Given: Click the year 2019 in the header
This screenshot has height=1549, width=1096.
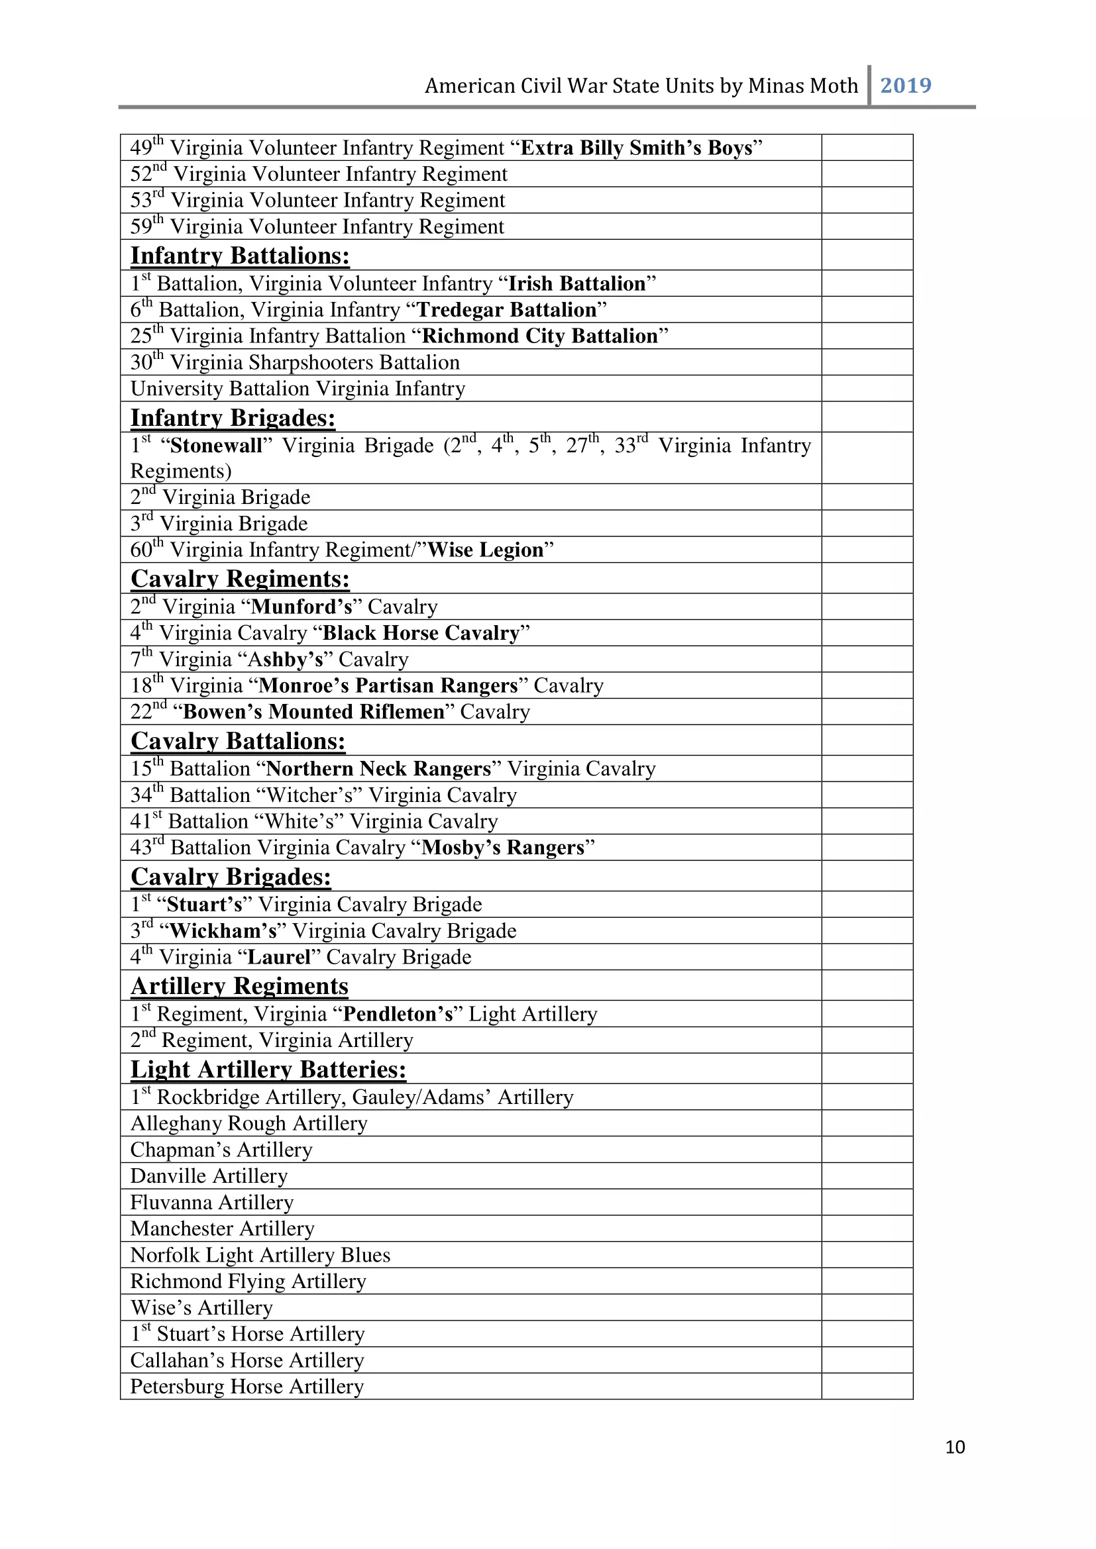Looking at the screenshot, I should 905,85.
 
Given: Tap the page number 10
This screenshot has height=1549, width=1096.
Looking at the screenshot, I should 954,1446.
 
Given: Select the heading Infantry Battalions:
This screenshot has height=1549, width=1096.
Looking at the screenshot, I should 240,256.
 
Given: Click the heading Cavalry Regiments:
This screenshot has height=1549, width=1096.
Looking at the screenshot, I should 240,579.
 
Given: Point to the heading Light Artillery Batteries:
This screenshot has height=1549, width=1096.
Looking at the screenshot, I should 268,1070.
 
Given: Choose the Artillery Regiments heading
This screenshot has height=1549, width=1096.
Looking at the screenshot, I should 240,985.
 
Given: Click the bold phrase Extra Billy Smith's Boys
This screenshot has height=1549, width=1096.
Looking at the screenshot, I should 636,148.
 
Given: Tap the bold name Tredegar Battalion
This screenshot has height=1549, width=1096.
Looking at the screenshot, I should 507,310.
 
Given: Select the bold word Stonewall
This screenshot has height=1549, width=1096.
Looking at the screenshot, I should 216,445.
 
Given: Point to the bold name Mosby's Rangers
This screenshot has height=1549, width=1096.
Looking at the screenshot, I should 503,848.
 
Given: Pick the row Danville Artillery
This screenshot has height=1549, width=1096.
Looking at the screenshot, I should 209,1176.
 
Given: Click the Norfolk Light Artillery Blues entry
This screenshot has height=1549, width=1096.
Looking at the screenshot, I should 260,1255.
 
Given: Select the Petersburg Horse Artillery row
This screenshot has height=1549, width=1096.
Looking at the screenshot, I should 247,1386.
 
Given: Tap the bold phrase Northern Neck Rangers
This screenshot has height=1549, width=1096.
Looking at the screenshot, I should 378,768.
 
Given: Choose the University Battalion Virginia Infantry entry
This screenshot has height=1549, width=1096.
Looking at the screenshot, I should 298,389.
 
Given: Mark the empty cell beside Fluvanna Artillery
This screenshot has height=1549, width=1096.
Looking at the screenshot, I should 867,1202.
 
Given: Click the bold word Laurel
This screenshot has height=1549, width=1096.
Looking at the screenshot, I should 279,957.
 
